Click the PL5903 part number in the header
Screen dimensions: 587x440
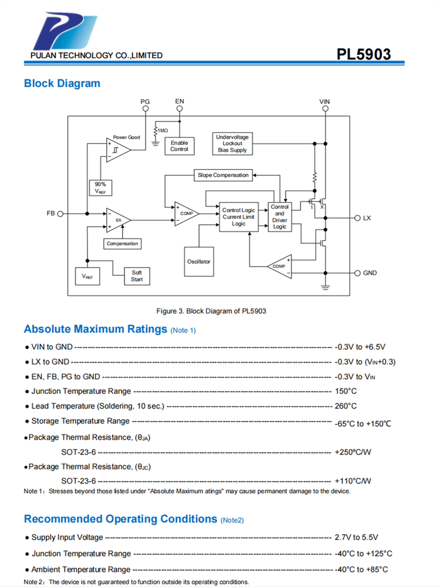coord(363,55)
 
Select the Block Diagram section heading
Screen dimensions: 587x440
coord(62,83)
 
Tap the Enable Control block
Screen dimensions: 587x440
coord(180,146)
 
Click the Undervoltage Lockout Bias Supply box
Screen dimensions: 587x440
coord(232,144)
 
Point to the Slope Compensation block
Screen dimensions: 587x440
coord(223,175)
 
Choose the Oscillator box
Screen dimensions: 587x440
coord(199,261)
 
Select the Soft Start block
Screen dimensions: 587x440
coord(137,276)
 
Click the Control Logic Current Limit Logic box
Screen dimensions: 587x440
coord(238,217)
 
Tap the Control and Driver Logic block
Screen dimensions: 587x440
coord(280,217)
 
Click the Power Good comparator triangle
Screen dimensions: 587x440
coord(118,149)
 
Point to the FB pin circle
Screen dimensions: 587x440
coord(62,213)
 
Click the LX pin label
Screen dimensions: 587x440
coord(367,218)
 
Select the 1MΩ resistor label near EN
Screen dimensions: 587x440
coord(163,130)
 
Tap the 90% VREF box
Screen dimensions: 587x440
coord(100,188)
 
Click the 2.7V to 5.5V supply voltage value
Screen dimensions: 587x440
coord(356,537)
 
